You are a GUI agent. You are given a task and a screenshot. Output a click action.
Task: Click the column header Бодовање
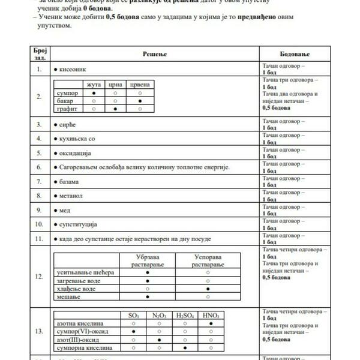295,54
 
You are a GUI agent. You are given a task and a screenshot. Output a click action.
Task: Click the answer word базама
71,181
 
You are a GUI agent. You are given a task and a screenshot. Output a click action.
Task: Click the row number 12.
40,277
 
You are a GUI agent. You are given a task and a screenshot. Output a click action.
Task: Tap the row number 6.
39,167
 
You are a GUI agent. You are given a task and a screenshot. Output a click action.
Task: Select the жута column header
94,85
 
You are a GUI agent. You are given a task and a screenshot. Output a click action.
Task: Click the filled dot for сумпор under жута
94,94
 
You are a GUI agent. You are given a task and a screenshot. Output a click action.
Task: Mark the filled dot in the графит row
116,109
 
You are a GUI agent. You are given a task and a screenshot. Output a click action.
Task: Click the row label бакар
64,101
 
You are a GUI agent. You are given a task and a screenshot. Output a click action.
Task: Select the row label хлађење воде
76,289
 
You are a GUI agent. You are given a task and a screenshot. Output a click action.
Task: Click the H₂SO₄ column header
185,315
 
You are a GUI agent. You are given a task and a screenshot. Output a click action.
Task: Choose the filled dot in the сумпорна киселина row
185,347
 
